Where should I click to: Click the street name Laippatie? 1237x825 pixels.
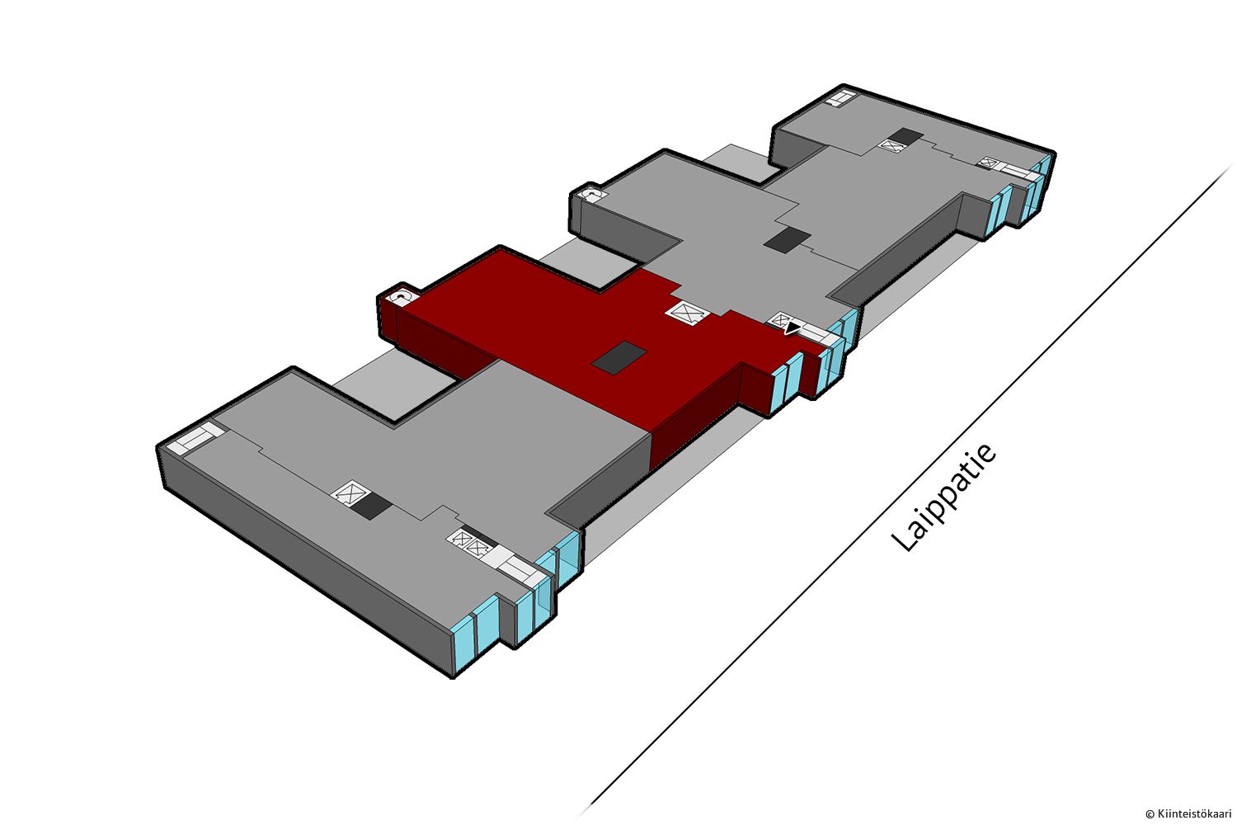(x=943, y=497)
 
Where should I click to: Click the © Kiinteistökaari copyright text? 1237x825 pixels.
(x=1189, y=814)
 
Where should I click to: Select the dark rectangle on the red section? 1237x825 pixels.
(x=618, y=358)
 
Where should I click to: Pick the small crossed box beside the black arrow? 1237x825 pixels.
(x=781, y=320)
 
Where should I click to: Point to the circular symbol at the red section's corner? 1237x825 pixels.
(x=398, y=297)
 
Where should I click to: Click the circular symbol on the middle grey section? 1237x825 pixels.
(x=592, y=195)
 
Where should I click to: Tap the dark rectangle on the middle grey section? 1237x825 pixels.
(x=787, y=240)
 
